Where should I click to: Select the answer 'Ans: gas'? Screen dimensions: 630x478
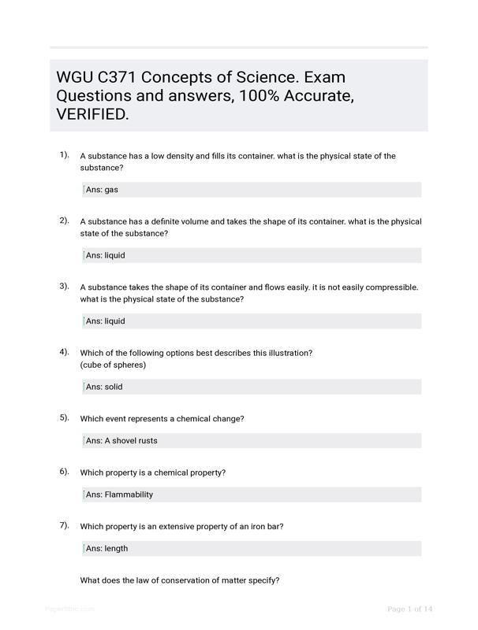(x=102, y=190)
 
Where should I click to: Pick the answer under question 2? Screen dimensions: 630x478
(x=105, y=255)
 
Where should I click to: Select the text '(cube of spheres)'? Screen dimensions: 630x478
(x=113, y=365)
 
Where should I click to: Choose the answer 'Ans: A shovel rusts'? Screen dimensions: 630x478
(x=121, y=440)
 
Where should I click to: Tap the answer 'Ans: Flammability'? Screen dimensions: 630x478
(x=119, y=495)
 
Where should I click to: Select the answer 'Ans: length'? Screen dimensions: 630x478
(x=106, y=548)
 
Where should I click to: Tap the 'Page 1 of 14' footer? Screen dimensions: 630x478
(x=410, y=609)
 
